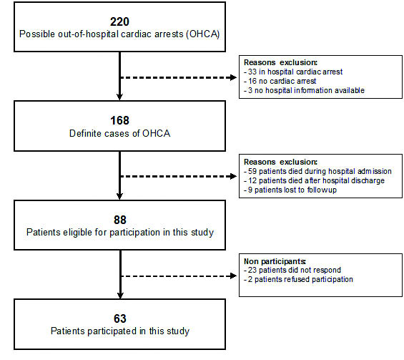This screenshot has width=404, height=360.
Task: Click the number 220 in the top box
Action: [x=120, y=21]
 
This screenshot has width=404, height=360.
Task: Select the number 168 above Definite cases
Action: [x=120, y=120]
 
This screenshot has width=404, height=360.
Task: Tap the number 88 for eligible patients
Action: [x=120, y=220]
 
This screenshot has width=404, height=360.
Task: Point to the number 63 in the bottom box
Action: [x=120, y=318]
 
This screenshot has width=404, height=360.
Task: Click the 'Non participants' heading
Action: [x=275, y=261]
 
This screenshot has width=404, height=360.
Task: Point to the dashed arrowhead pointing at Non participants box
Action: [x=233, y=276]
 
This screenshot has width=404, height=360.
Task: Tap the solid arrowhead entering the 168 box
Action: [x=119, y=97]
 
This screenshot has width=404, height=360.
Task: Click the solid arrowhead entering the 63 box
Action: [x=120, y=296]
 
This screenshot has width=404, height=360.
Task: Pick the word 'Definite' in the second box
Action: [x=86, y=133]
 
